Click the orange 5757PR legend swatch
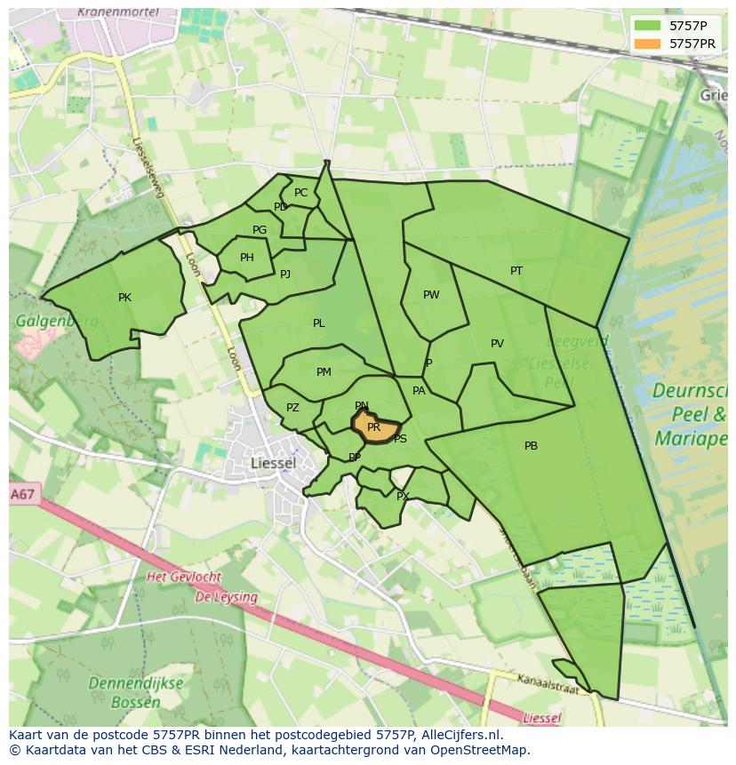click(x=647, y=43)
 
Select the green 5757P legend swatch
click(x=647, y=26)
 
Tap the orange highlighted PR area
click(x=374, y=427)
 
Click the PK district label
click(x=124, y=298)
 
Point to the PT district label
click(x=516, y=271)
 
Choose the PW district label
click(x=431, y=295)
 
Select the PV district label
click(x=497, y=344)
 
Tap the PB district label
click(x=531, y=446)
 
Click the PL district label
click(x=318, y=323)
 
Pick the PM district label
click(x=324, y=372)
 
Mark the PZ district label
click(x=292, y=408)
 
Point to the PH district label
click(x=247, y=258)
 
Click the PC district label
click(x=300, y=193)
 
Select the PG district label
click(x=260, y=230)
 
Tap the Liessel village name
click(x=273, y=463)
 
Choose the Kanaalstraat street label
click(x=549, y=683)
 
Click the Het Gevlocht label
click(x=184, y=578)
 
